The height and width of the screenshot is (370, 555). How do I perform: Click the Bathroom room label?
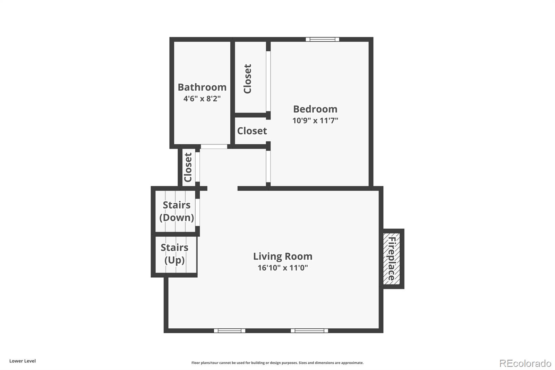pyautogui.click(x=202, y=87)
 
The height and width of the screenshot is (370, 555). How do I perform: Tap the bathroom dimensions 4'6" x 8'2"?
pyautogui.click(x=202, y=99)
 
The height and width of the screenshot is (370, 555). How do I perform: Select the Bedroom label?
pyautogui.click(x=315, y=109)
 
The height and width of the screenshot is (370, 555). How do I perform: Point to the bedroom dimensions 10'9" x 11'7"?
pyautogui.click(x=315, y=120)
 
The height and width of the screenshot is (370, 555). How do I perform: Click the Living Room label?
pyautogui.click(x=282, y=257)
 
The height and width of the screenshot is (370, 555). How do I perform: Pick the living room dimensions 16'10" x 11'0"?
pyautogui.click(x=282, y=268)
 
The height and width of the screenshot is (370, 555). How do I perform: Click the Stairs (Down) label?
pyautogui.click(x=177, y=211)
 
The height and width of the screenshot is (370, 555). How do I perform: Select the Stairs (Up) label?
pyautogui.click(x=174, y=254)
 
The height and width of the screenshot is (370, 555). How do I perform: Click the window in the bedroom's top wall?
pyautogui.click(x=322, y=39)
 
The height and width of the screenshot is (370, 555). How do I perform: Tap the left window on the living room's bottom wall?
pyautogui.click(x=229, y=330)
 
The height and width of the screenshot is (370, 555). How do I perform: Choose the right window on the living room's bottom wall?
pyautogui.click(x=309, y=330)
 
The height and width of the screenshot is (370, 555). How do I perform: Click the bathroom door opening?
pyautogui.click(x=214, y=146)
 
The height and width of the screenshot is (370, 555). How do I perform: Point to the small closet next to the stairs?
pyautogui.click(x=188, y=167)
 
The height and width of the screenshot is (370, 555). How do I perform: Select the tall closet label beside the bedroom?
pyautogui.click(x=247, y=79)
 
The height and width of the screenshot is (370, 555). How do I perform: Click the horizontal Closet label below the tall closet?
pyautogui.click(x=252, y=131)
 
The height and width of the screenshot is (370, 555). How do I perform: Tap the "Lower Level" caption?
pyautogui.click(x=23, y=361)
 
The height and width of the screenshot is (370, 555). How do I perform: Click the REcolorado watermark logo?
pyautogui.click(x=525, y=363)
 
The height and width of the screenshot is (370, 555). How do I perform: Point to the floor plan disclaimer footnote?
pyautogui.click(x=277, y=363)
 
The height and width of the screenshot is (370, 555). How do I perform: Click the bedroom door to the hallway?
pyautogui.click(x=268, y=166)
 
